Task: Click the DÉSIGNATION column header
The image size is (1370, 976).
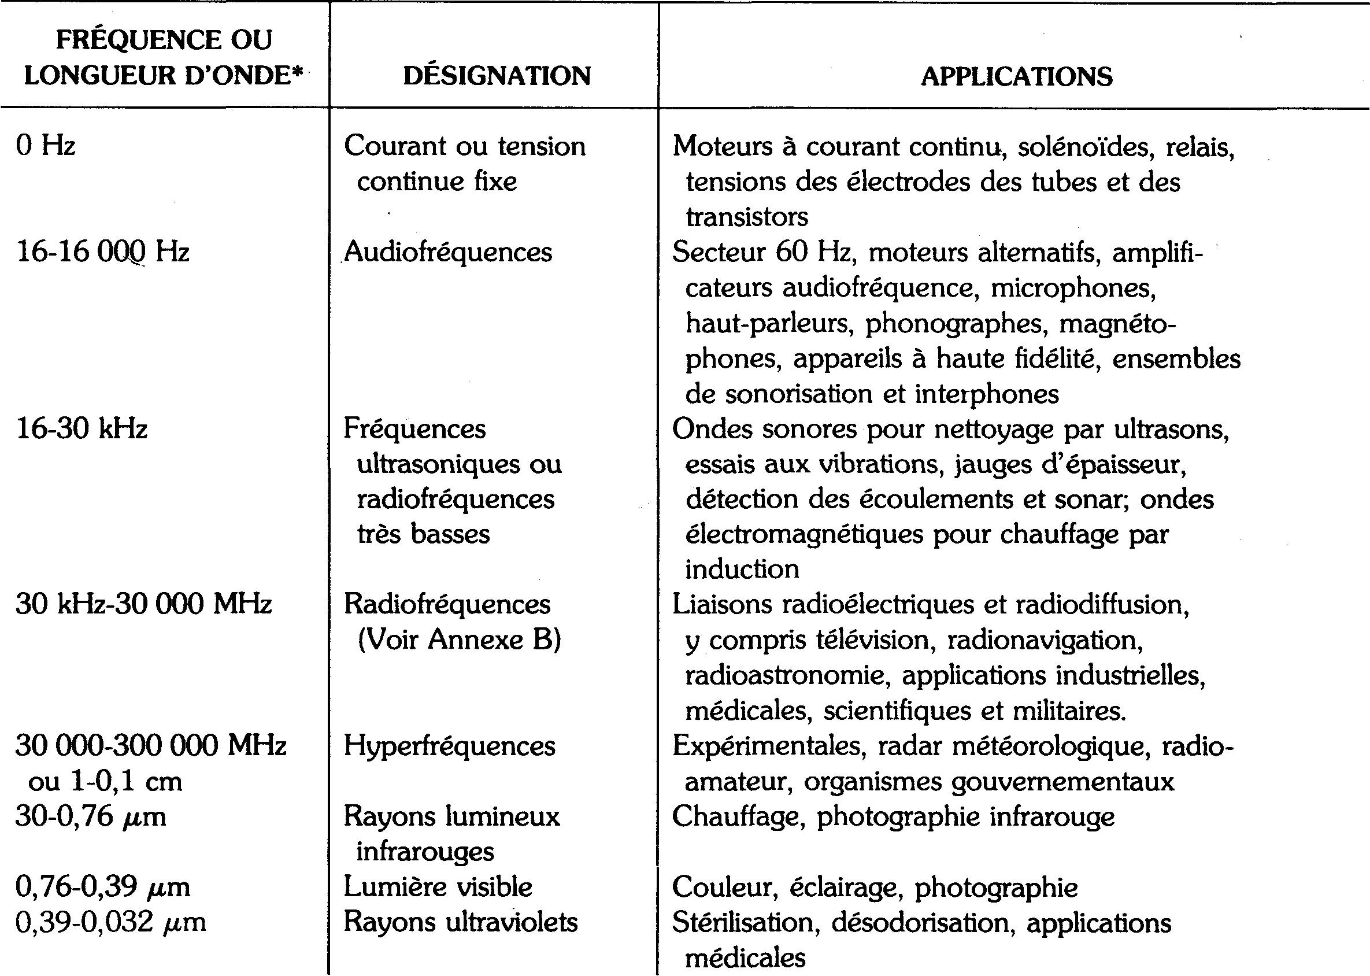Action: [x=497, y=76]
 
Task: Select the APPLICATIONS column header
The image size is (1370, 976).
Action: [x=1016, y=76]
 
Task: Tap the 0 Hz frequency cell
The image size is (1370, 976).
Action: [x=46, y=146]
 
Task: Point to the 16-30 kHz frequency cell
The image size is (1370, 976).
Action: [x=81, y=429]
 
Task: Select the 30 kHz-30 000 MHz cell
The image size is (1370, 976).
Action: [x=143, y=604]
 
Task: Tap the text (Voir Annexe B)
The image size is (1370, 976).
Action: [x=459, y=639]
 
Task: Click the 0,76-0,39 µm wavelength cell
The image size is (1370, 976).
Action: [x=102, y=887]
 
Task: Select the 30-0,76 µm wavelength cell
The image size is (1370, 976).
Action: [x=90, y=817]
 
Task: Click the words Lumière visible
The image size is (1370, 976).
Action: [x=438, y=887]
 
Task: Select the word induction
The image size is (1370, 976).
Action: [x=742, y=569]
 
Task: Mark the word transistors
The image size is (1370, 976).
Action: [x=747, y=217]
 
